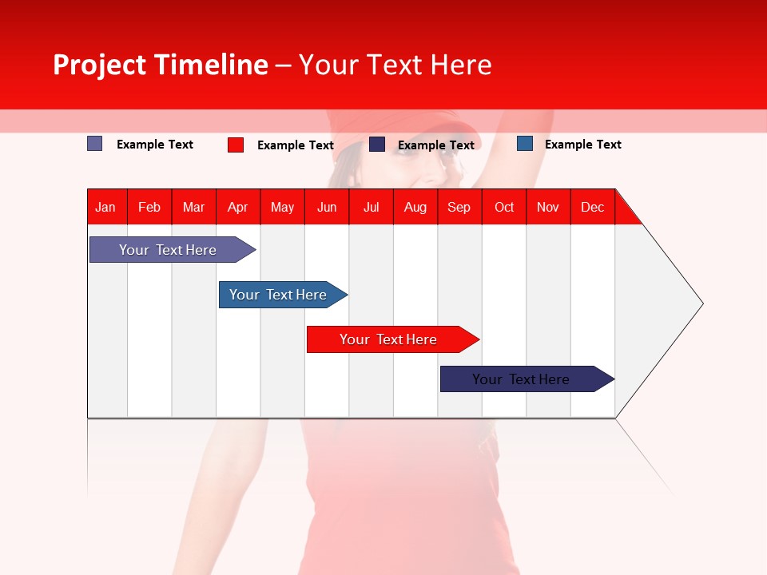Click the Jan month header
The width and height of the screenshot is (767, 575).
[105, 207]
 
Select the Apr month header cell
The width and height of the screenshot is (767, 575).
[237, 207]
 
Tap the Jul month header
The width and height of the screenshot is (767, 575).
[371, 207]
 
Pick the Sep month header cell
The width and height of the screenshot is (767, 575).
[459, 207]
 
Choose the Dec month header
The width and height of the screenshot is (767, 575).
[592, 207]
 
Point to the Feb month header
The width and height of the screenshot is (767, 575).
[149, 207]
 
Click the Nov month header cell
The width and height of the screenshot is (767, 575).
[547, 207]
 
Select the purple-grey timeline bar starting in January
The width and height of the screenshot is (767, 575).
[168, 250]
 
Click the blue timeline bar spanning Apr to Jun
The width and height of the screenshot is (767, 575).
[278, 295]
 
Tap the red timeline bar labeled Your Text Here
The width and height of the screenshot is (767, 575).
[388, 339]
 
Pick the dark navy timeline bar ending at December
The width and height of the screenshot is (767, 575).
[521, 379]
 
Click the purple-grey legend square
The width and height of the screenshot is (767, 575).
[95, 144]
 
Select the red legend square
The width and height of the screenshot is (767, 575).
[236, 145]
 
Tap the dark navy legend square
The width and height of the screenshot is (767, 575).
[377, 145]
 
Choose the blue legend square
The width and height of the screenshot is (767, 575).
[525, 144]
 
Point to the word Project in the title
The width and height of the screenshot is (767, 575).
[99, 65]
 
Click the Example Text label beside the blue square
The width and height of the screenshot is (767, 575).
[582, 145]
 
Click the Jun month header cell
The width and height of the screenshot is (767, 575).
[327, 207]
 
